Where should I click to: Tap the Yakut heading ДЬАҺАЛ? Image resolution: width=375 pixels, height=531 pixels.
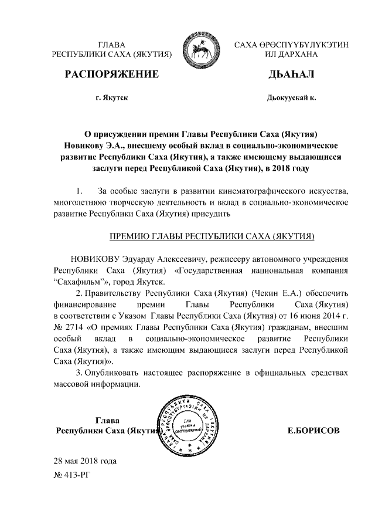(x=291, y=74)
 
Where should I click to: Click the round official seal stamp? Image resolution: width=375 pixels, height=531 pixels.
(x=191, y=424)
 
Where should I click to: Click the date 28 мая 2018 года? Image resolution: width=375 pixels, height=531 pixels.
(x=85, y=461)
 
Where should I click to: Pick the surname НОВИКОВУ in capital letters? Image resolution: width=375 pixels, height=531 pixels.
(x=95, y=259)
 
